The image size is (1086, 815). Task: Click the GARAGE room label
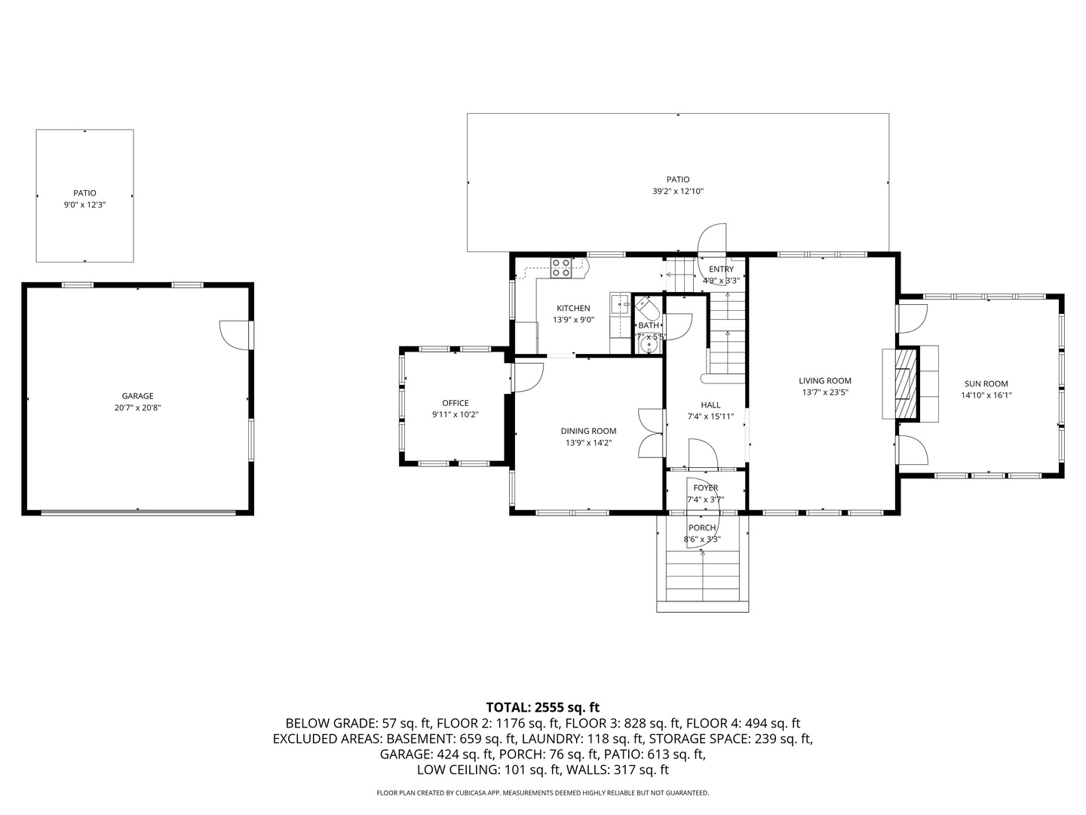pos(137,396)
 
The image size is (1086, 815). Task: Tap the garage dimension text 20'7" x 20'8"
pos(137,408)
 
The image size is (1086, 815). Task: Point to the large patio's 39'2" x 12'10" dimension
pos(678,192)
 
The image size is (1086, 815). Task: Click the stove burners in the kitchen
pos(560,269)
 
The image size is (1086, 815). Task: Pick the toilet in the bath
pos(646,309)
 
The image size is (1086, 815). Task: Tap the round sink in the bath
pos(647,346)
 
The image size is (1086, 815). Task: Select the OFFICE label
pos(456,403)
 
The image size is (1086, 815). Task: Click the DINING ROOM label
pos(588,431)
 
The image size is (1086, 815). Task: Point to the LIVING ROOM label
pos(825,381)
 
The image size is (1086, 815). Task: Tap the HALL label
pos(710,404)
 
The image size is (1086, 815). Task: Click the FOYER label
pos(706,487)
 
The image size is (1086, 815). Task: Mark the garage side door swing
pos(235,334)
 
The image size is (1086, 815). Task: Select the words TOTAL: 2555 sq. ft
pos(542,707)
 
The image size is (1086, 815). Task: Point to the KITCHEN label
pos(573,308)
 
